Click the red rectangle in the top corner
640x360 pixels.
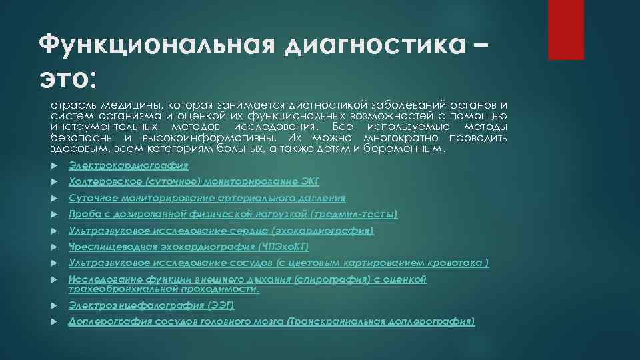tap(565, 29)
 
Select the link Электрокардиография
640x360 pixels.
tap(129, 165)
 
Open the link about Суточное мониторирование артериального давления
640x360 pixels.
tap(207, 198)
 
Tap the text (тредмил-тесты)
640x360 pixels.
tap(354, 214)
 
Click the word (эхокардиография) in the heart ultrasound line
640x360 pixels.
tap(323, 231)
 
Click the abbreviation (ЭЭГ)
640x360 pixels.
tap(221, 305)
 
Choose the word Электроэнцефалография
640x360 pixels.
tap(136, 305)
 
